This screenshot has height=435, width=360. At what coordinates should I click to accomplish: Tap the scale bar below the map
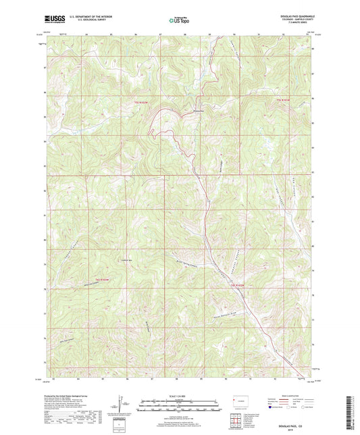pos(180,403)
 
